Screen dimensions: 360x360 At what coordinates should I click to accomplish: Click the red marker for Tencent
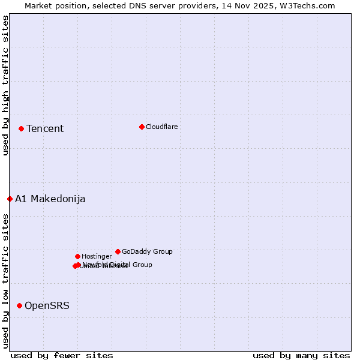[21, 128]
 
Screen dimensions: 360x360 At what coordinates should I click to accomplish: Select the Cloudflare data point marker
[142, 127]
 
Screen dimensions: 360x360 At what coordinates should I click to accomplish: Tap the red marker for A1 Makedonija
[10, 199]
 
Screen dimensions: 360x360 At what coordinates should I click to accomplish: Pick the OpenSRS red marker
[19, 305]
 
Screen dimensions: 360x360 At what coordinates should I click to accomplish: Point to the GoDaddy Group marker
[118, 251]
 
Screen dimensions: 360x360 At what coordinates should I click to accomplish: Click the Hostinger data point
[77, 256]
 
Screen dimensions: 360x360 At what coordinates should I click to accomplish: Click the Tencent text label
[45, 128]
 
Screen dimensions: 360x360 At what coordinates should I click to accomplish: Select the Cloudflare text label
[162, 127]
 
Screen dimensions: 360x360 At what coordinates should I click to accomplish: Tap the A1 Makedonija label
[50, 199]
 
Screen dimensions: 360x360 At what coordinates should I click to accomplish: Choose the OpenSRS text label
[47, 305]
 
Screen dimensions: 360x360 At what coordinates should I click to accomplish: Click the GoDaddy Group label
[147, 251]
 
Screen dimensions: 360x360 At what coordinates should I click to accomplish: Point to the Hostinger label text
[97, 256]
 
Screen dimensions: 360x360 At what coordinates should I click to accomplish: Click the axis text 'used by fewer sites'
[62, 355]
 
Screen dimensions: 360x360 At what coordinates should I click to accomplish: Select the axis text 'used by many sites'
[301, 355]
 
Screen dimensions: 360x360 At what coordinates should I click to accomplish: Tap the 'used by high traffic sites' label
[5, 85]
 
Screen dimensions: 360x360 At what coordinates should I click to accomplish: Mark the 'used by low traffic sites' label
[5, 281]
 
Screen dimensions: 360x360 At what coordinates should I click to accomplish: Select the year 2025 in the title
[268, 5]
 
